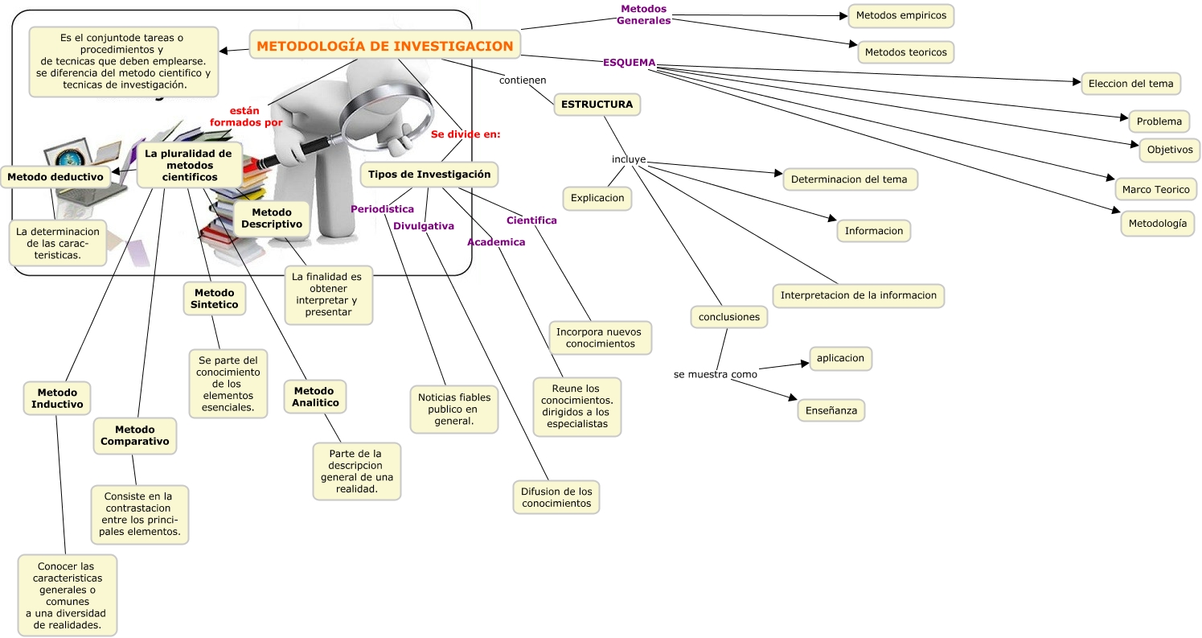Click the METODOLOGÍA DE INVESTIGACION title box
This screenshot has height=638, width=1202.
tap(385, 46)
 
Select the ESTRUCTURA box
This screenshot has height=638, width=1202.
tap(597, 105)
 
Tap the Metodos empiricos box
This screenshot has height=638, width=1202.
tap(900, 15)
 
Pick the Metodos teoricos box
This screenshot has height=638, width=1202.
tap(905, 52)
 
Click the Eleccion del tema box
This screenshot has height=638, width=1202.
tap(1130, 83)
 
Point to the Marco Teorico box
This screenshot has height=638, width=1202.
tap(1155, 189)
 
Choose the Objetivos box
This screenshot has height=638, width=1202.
tap(1169, 150)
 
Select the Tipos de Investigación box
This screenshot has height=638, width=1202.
tap(429, 174)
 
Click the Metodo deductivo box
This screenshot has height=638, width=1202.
tap(55, 176)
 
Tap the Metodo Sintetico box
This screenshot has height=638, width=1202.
tap(214, 298)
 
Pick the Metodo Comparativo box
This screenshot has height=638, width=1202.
tap(135, 435)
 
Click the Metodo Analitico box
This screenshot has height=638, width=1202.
tap(315, 397)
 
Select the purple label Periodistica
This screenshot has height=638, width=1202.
tap(382, 209)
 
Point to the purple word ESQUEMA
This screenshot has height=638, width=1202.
tap(629, 63)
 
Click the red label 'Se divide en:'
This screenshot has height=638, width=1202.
tap(466, 134)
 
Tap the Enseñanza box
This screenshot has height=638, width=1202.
tap(831, 410)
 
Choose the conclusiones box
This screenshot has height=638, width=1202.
tap(728, 317)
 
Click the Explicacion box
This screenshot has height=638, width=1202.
tap(597, 197)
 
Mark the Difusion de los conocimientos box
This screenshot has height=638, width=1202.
tap(556, 497)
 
